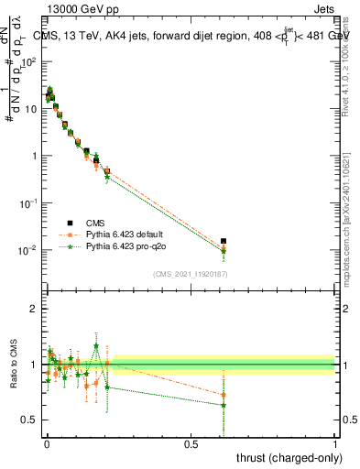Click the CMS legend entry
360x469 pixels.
(95, 223)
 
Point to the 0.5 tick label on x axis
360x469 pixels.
(191, 442)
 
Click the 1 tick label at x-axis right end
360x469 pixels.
(334, 442)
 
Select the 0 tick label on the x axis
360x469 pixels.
(47, 442)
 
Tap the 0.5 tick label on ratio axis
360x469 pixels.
(28, 420)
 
